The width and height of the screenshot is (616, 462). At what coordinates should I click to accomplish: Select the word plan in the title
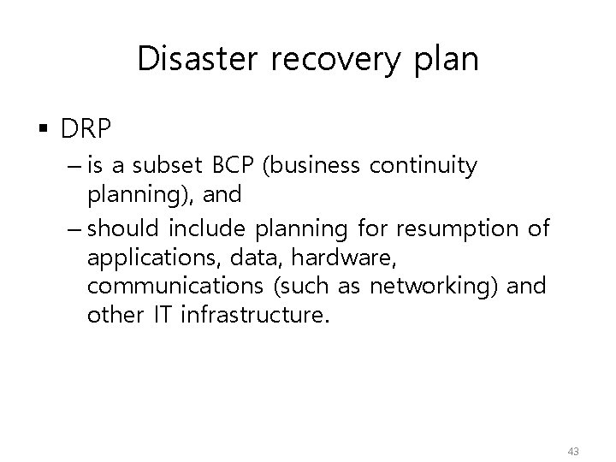[446, 61]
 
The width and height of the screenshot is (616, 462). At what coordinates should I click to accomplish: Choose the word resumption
[466, 230]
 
